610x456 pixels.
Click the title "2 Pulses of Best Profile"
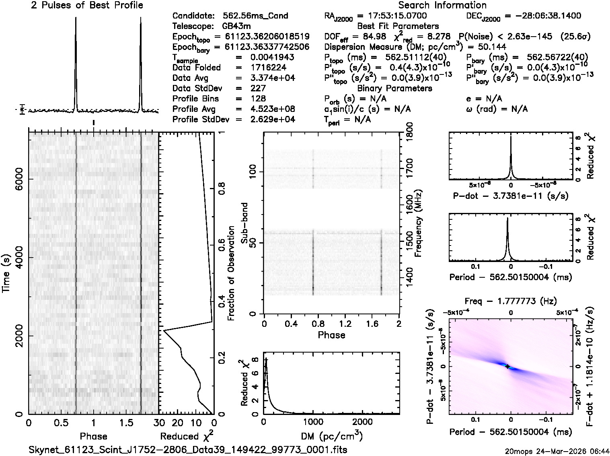pos(87,5)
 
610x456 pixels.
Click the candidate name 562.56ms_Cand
pos(255,16)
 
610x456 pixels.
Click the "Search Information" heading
pos(442,5)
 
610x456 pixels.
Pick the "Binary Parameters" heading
pos(394,88)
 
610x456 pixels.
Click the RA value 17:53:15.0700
pos(392,16)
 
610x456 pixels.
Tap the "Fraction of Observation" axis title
pos(231,273)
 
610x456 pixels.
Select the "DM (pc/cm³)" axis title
pos(332,436)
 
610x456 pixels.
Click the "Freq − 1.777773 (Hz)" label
pos(511,301)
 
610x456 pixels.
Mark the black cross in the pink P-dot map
pos(507,366)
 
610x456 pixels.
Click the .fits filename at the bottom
pos(188,450)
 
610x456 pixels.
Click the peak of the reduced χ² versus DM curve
pos(266,358)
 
